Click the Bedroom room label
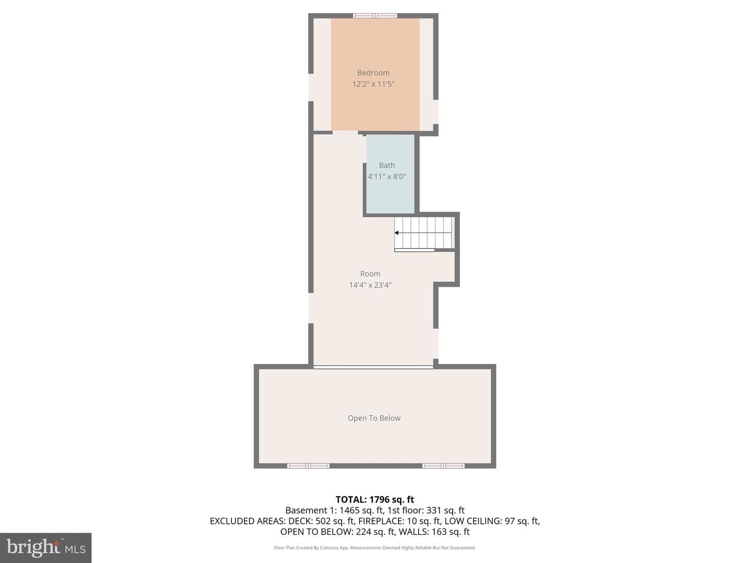click(373, 73)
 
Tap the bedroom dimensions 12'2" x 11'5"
click(373, 84)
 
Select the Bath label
click(387, 165)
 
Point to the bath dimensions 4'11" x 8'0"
click(387, 177)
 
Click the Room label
click(370, 274)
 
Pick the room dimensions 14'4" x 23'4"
click(370, 285)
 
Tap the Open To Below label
click(374, 418)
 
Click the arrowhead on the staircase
click(396, 233)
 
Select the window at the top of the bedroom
click(375, 16)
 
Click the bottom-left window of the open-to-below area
click(308, 466)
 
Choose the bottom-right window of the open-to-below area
click(443, 466)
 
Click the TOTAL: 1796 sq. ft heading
click(375, 500)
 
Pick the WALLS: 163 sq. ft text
click(434, 532)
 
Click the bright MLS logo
click(46, 548)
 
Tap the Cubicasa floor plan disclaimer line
click(375, 547)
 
